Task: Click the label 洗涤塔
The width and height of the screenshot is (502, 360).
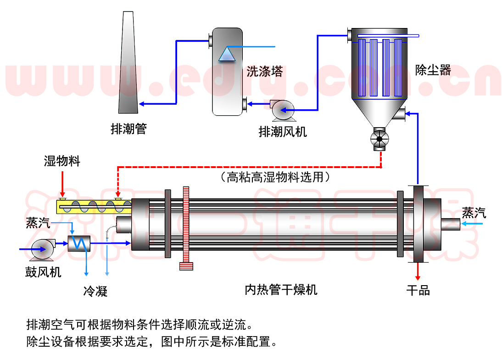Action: pos(264,71)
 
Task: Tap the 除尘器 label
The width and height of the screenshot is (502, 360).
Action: pos(433,70)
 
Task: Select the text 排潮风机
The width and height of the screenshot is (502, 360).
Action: pos(283,132)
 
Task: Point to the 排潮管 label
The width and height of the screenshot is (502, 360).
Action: pos(128,129)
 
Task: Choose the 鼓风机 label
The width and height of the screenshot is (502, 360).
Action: pos(43,272)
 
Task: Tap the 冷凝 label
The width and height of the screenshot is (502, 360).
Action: pos(95,291)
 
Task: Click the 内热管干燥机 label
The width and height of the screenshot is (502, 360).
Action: pos(281,290)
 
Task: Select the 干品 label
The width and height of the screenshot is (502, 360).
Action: pos(418,290)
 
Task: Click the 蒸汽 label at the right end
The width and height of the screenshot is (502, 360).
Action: pos(474,213)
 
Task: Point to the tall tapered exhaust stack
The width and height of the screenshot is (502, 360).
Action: pos(127,64)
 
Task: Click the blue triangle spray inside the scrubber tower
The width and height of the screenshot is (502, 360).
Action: pos(227,54)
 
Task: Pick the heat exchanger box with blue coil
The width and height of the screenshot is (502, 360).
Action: pos(80,243)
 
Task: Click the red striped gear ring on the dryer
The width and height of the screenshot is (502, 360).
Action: pos(186,227)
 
